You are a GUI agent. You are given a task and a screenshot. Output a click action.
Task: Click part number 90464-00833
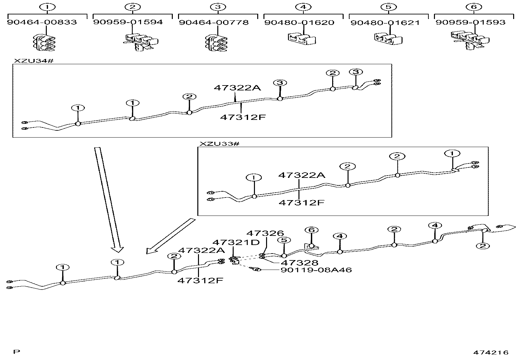(42, 22)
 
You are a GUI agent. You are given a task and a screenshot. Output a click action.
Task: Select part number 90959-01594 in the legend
(128, 22)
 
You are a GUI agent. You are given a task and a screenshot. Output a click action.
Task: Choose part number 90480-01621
(385, 23)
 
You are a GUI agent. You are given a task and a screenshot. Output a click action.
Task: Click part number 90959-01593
(470, 22)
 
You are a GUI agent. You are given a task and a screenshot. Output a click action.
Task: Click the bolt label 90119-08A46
(316, 270)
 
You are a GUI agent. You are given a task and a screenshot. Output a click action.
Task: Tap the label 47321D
(236, 242)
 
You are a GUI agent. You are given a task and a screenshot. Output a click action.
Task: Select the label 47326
(265, 234)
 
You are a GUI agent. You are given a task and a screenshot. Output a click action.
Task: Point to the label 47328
(299, 262)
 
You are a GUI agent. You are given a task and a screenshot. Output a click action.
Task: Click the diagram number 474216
(491, 352)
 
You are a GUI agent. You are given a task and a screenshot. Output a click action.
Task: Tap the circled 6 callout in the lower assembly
(311, 230)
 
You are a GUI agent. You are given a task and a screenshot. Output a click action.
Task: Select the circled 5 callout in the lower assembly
(283, 240)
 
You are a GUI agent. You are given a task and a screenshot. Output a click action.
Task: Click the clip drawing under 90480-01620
(302, 39)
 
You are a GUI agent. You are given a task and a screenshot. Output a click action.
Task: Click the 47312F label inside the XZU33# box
(301, 202)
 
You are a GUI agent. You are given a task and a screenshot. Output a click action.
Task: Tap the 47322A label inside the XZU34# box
(238, 88)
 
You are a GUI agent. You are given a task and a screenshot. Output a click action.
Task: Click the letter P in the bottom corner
(17, 352)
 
